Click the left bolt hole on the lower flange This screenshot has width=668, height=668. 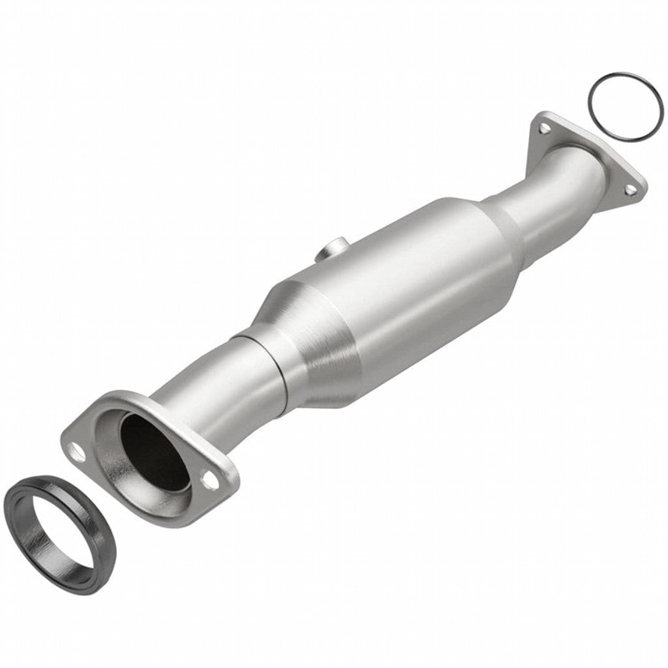(77, 451)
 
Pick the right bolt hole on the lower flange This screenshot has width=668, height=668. (210, 480)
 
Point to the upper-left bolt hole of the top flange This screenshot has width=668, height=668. (543, 129)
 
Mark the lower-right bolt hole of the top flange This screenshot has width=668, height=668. (630, 189)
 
